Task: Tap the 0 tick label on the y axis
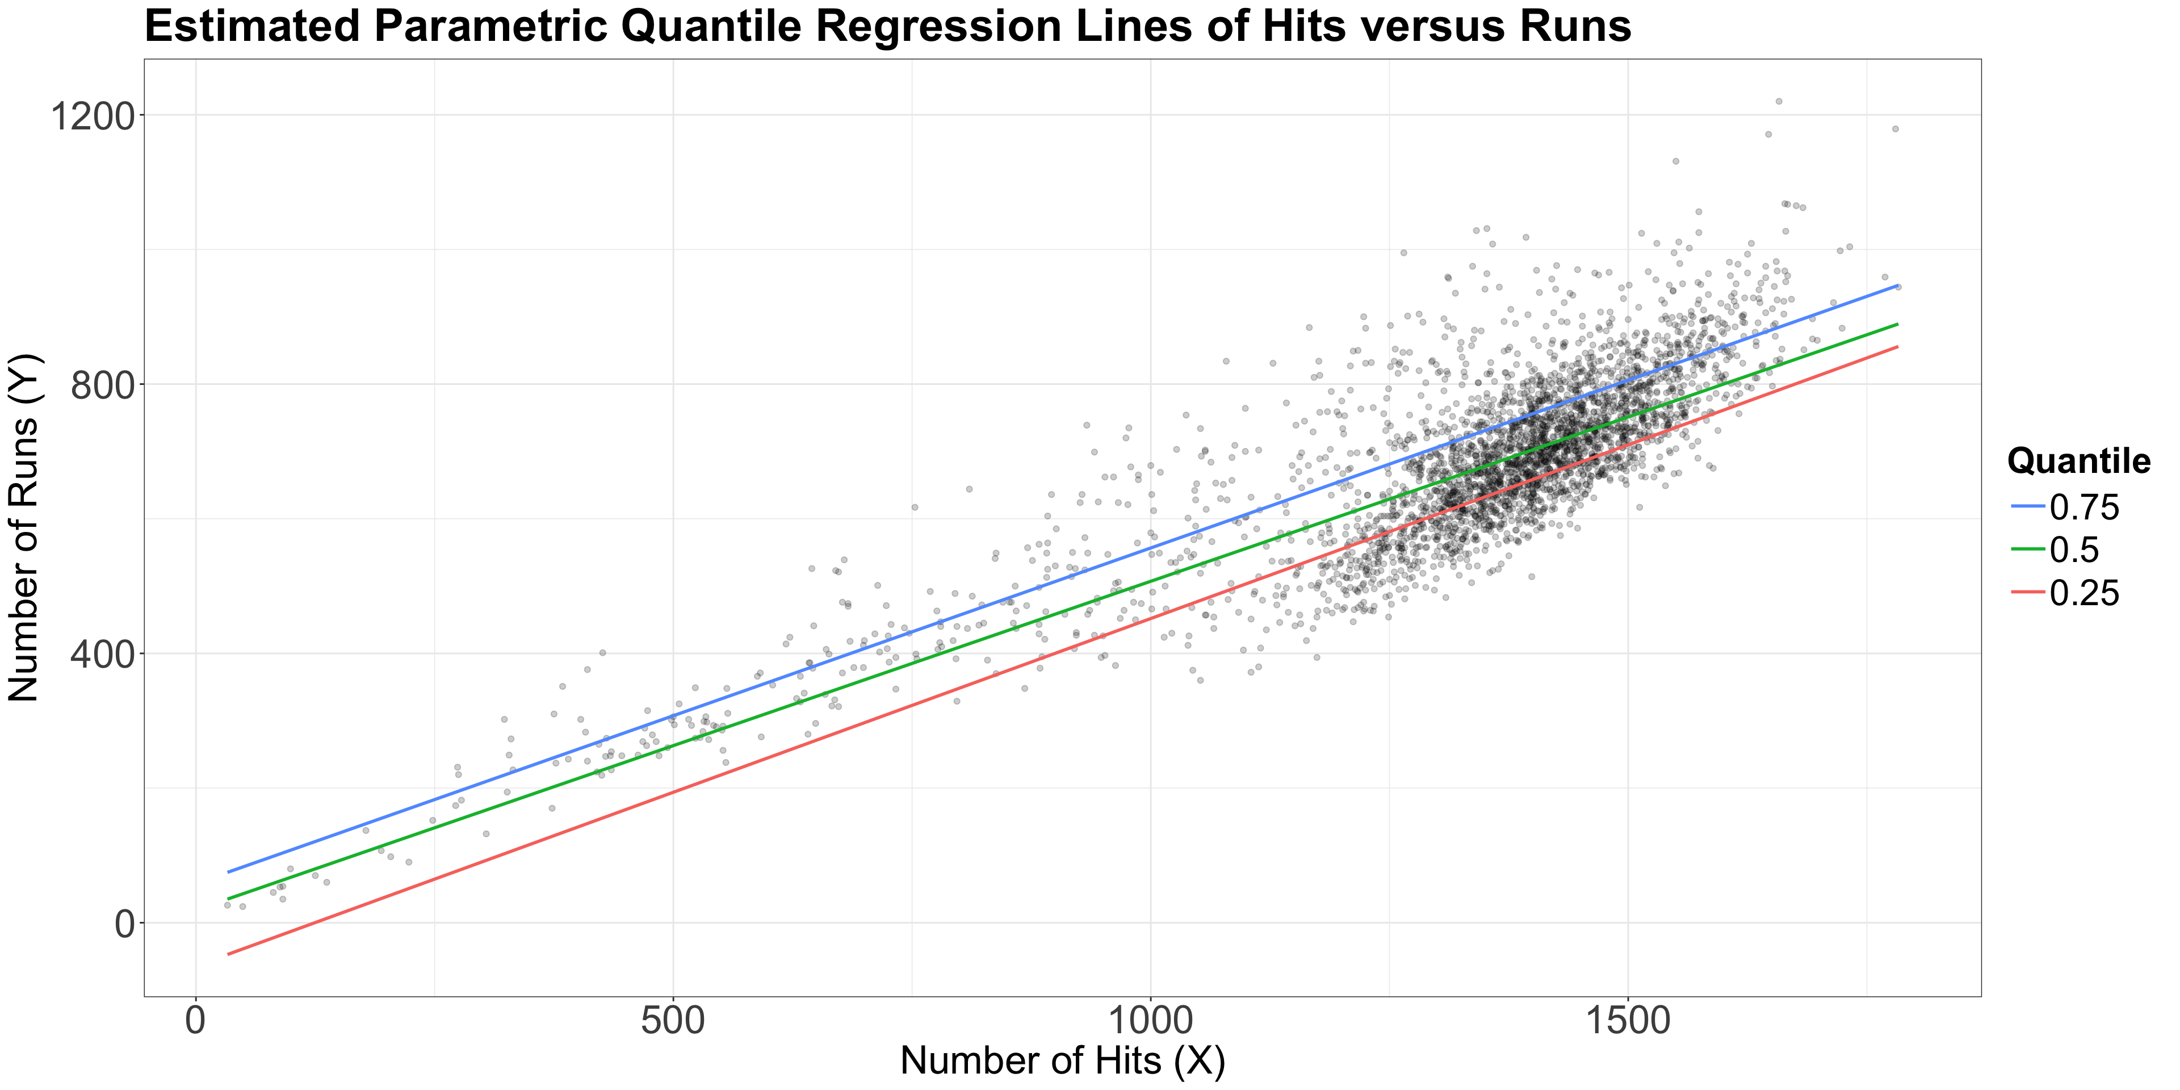[124, 923]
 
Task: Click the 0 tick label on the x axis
[196, 1020]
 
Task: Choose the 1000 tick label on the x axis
[1151, 1020]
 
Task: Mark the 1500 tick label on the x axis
[1628, 1020]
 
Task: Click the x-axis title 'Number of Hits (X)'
[1062, 1061]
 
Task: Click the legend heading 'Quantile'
[2078, 461]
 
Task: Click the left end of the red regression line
[228, 954]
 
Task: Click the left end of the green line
[228, 899]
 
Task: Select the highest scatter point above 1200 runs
[1778, 100]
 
